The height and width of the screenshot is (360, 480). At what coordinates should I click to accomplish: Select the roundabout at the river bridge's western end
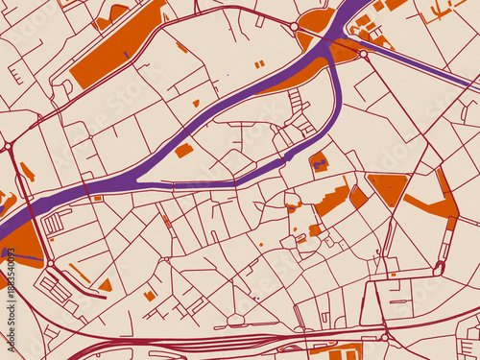click(294, 27)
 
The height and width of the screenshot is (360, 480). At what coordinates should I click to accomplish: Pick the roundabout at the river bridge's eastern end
click(363, 55)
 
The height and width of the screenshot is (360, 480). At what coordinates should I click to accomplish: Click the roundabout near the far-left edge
click(8, 146)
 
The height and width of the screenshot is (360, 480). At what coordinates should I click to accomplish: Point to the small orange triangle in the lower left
click(106, 285)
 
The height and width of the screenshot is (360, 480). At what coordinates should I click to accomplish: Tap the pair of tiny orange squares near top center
click(259, 64)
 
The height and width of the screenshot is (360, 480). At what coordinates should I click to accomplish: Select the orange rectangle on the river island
click(183, 151)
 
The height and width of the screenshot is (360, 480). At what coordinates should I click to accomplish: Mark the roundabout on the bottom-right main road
click(384, 337)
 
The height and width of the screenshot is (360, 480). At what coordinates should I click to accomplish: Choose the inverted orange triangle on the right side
click(387, 187)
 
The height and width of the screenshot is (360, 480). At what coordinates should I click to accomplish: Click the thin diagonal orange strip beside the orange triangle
click(81, 274)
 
